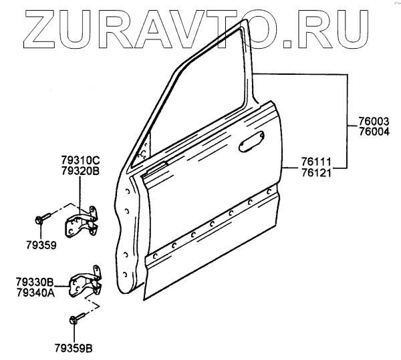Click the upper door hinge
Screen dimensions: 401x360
(x=82, y=220)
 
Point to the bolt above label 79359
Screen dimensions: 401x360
(x=41, y=218)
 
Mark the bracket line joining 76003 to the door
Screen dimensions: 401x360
(x=346, y=100)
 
